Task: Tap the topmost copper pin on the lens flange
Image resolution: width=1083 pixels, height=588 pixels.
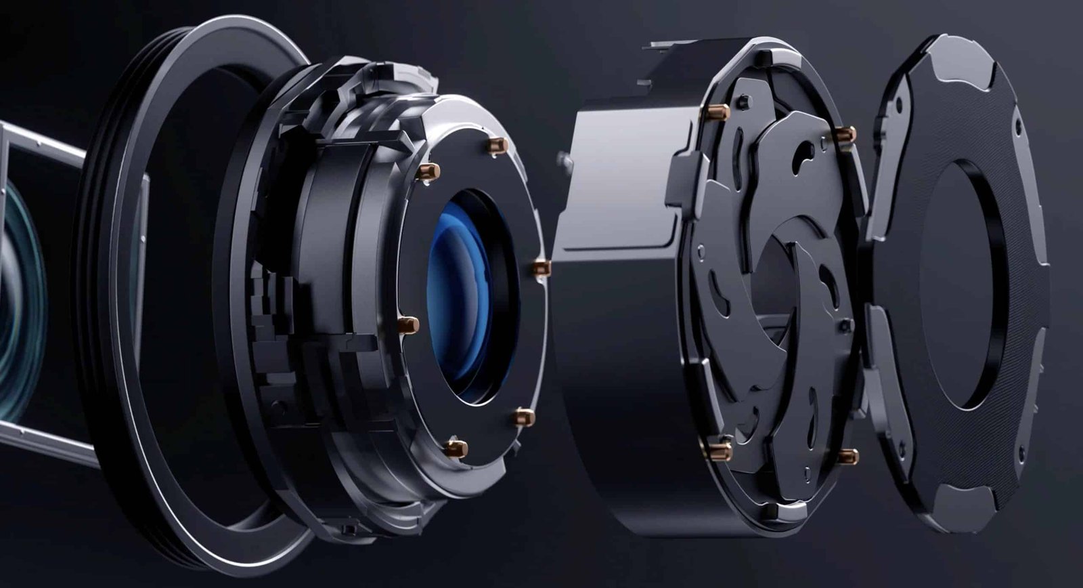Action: click(x=498, y=146)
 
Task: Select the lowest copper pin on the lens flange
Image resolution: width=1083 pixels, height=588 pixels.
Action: click(x=456, y=448)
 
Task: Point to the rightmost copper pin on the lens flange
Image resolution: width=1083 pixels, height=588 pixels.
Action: click(x=541, y=268)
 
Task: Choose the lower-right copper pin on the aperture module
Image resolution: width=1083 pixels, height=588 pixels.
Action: click(x=847, y=457)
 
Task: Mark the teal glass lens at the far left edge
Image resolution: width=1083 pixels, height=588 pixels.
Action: click(x=17, y=298)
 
